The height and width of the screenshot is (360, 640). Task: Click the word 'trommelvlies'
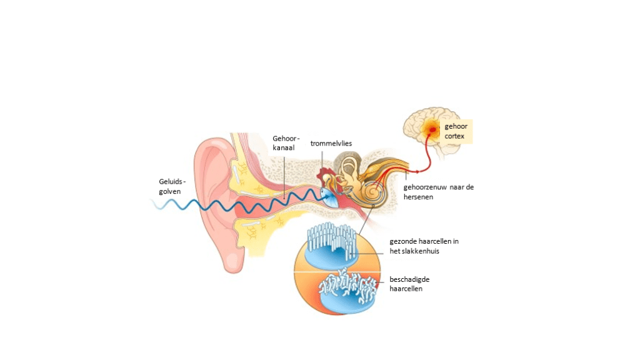331,143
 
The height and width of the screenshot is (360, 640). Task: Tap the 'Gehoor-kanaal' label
286,143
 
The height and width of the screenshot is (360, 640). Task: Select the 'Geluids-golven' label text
169,187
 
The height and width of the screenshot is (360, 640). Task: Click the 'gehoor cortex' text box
456,131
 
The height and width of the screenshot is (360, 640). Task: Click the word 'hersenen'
418,196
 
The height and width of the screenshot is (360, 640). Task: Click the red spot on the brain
431,130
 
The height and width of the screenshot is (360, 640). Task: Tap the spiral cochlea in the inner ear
373,194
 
